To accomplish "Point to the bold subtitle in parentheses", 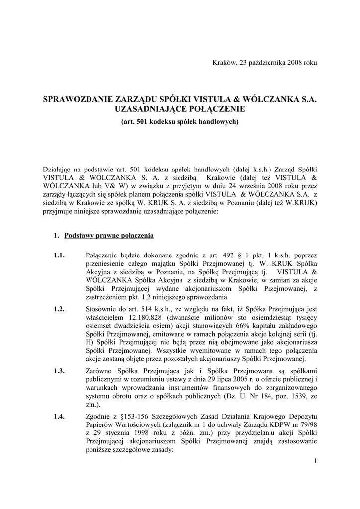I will [x=180, y=121].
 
